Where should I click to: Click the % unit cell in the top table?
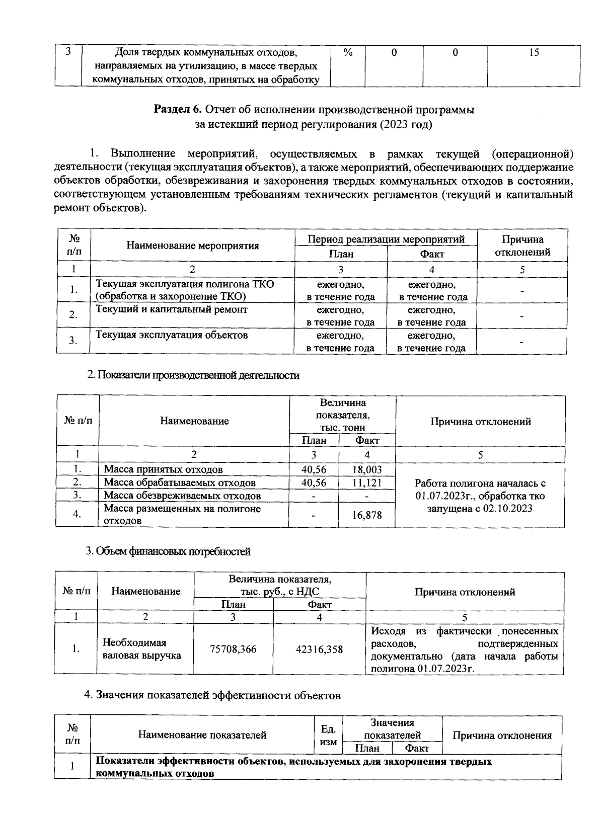pyautogui.click(x=347, y=52)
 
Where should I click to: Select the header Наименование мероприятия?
pyautogui.click(x=192, y=246)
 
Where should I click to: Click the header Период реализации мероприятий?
pyautogui.click(x=386, y=239)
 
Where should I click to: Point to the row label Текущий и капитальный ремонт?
pyautogui.click(x=172, y=309)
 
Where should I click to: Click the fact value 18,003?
pyautogui.click(x=367, y=469)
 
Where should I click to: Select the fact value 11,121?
pyautogui.click(x=367, y=482)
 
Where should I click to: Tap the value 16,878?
pyautogui.click(x=367, y=515)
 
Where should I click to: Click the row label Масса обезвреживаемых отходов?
pyautogui.click(x=182, y=496)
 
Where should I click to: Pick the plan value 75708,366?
pyautogui.click(x=233, y=649)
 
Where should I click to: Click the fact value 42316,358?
pyautogui.click(x=320, y=649)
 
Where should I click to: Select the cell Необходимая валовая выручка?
pyautogui.click(x=141, y=649)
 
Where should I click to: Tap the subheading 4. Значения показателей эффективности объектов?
pyautogui.click(x=212, y=696)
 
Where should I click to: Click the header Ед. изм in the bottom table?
pyautogui.click(x=328, y=735)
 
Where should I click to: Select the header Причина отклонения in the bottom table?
pyautogui.click(x=502, y=736)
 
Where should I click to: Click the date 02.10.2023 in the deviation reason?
pyautogui.click(x=507, y=509)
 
